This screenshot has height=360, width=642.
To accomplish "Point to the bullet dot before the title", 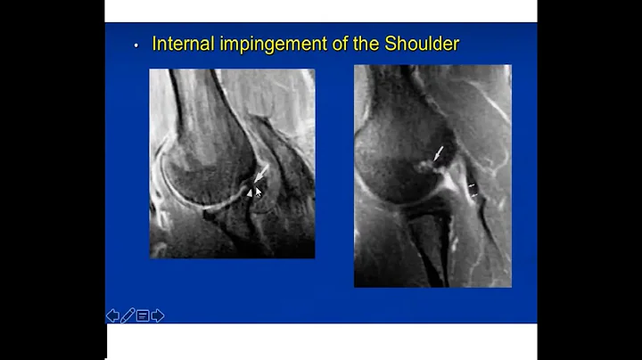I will pyautogui.click(x=136, y=45).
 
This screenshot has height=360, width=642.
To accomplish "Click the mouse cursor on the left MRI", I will pyautogui.click(x=259, y=192).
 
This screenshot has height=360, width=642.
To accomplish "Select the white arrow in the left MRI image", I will pyautogui.click(x=259, y=174).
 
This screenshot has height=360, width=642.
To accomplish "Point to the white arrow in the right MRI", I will pyautogui.click(x=438, y=154).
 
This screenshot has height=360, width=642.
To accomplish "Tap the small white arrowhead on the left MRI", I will pyautogui.click(x=250, y=191).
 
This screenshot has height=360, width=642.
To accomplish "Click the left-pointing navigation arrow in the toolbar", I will pyautogui.click(x=112, y=315).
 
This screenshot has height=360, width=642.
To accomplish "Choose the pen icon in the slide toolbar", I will pyautogui.click(x=128, y=315).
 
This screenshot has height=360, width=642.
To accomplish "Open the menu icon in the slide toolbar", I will pyautogui.click(x=143, y=315).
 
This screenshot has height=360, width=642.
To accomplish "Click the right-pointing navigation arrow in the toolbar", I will pyautogui.click(x=158, y=315).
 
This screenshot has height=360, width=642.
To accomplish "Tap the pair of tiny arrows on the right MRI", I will pyautogui.click(x=473, y=189).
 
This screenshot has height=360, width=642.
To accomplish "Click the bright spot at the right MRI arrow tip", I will pyautogui.click(x=425, y=164).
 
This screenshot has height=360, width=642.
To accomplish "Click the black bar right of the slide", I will pyautogui.click(x=588, y=178).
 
